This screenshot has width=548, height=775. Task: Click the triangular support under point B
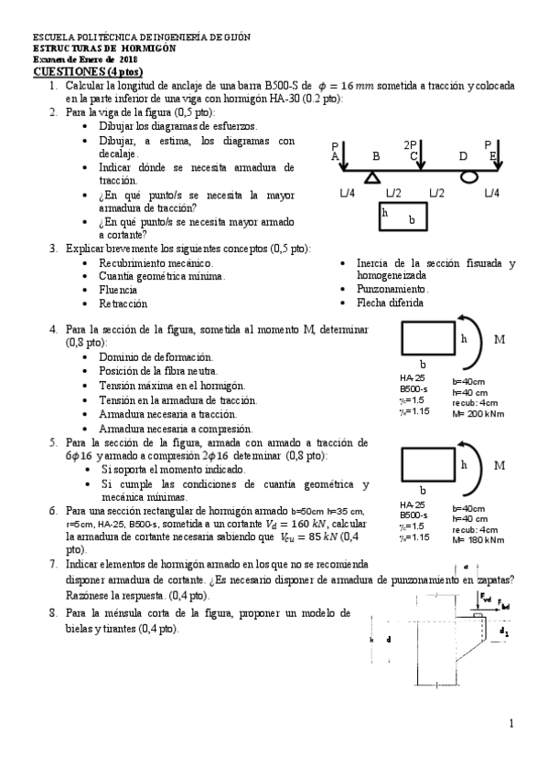pos(372,176)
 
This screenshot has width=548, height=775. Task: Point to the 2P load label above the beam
pos(410,144)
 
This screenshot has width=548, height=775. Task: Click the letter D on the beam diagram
pos(463,156)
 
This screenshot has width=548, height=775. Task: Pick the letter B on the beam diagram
pos(375,156)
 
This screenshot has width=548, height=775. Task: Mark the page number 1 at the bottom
pos(512,723)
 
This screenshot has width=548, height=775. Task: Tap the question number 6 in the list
pos(53,510)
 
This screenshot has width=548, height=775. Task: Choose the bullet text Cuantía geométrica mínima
pos(162,275)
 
